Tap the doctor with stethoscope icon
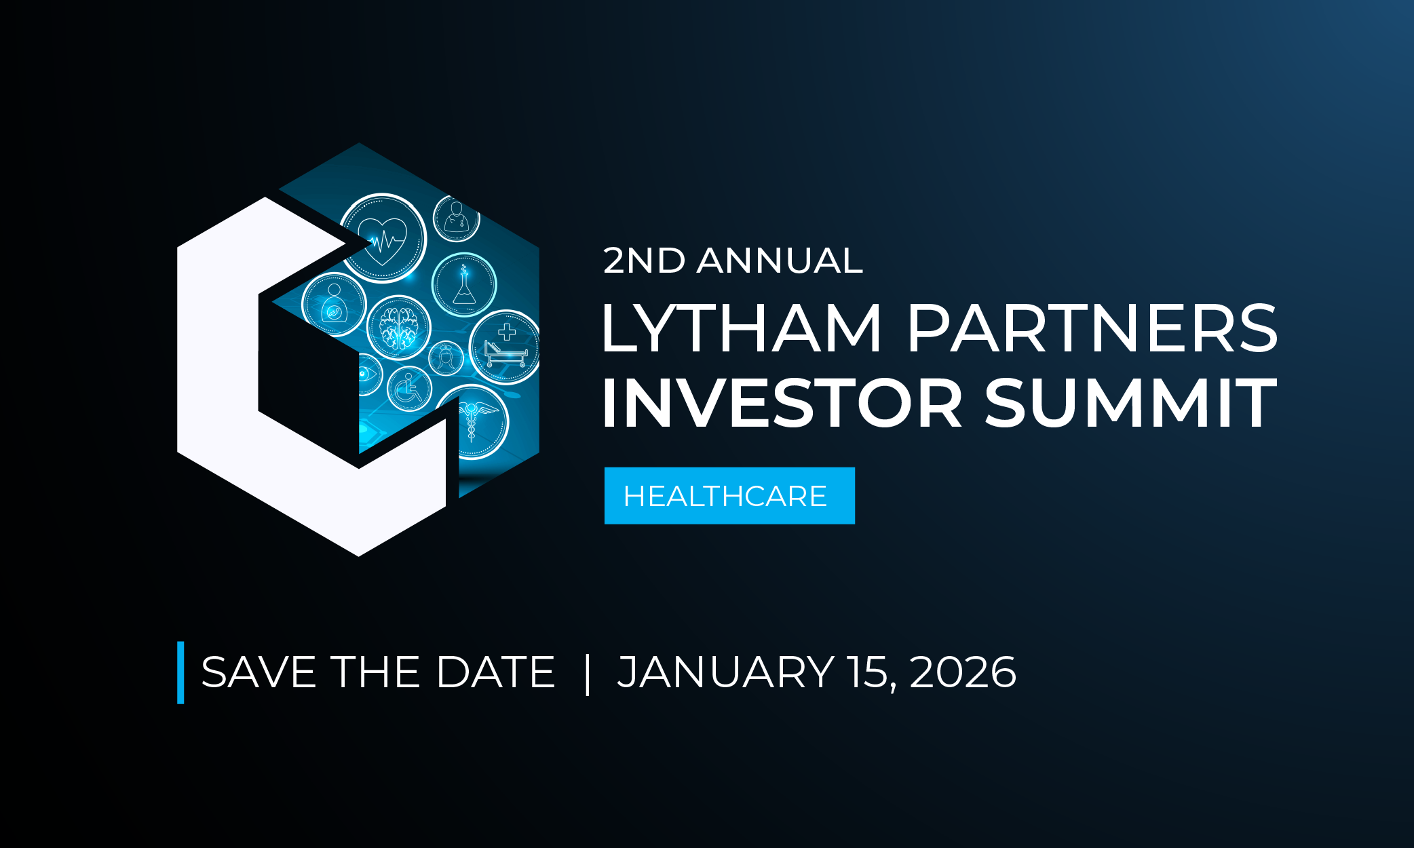457,218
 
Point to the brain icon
399,328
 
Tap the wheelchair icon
409,389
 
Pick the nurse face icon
446,358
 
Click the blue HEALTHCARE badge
729,496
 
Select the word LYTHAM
741,329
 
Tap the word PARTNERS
1092,329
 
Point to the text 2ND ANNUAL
733,261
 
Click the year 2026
963,672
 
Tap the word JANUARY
725,672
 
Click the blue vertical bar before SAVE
180,672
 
